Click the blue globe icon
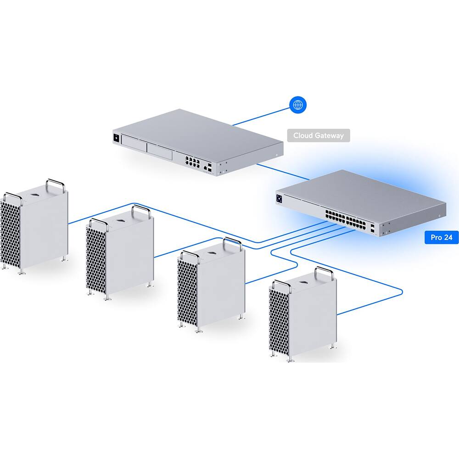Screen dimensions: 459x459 click(298, 105)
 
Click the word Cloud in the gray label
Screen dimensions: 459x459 click(303, 136)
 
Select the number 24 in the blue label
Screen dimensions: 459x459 click(448, 237)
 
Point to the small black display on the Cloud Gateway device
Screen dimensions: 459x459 click(116, 137)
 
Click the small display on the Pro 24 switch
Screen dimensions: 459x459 click(279, 199)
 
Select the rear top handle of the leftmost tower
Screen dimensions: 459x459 click(55, 185)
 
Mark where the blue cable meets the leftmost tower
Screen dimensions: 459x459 click(68, 224)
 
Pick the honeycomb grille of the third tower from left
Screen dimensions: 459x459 click(187, 293)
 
